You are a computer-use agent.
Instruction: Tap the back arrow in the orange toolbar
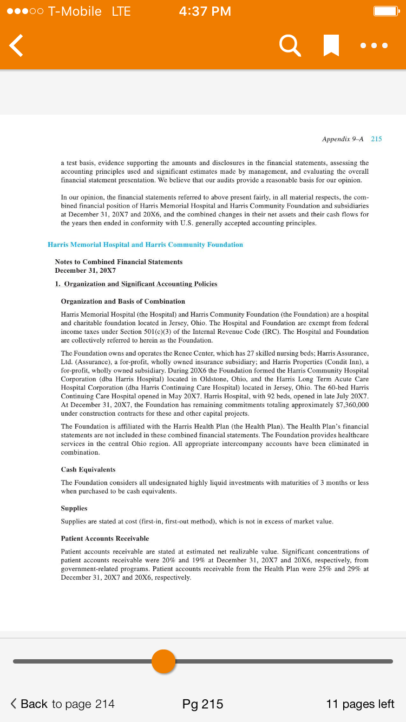[17, 45]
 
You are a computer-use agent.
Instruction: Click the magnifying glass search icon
[290, 45]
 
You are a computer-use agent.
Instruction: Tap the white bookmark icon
[331, 45]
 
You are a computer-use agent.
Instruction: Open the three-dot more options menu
[374, 45]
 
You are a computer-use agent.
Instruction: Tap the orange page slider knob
[163, 661]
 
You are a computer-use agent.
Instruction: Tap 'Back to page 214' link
[63, 704]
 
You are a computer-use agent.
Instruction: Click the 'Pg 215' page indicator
[202, 704]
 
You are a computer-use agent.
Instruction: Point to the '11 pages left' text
[360, 704]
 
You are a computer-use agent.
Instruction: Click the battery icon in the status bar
[386, 11]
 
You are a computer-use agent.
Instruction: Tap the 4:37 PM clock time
[204, 11]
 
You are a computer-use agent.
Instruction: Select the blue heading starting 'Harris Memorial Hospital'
[145, 245]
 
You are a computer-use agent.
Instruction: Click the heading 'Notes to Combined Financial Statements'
[119, 262]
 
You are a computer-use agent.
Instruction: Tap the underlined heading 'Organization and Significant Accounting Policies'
[140, 284]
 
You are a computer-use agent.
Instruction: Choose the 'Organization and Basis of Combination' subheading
[123, 301]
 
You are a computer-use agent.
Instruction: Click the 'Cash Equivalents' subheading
[88, 469]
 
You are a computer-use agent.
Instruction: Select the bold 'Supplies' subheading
[74, 508]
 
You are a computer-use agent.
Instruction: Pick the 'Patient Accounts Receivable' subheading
[105, 539]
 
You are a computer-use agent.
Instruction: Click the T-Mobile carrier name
[75, 11]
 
